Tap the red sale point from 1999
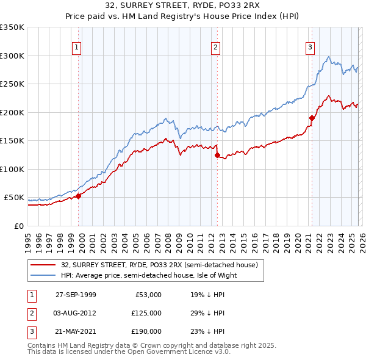tap(79, 196)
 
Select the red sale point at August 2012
tap(217, 155)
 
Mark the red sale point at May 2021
tap(312, 118)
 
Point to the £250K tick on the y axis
tap(12, 84)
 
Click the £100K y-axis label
tap(12, 169)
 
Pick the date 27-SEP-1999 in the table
tap(76, 295)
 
